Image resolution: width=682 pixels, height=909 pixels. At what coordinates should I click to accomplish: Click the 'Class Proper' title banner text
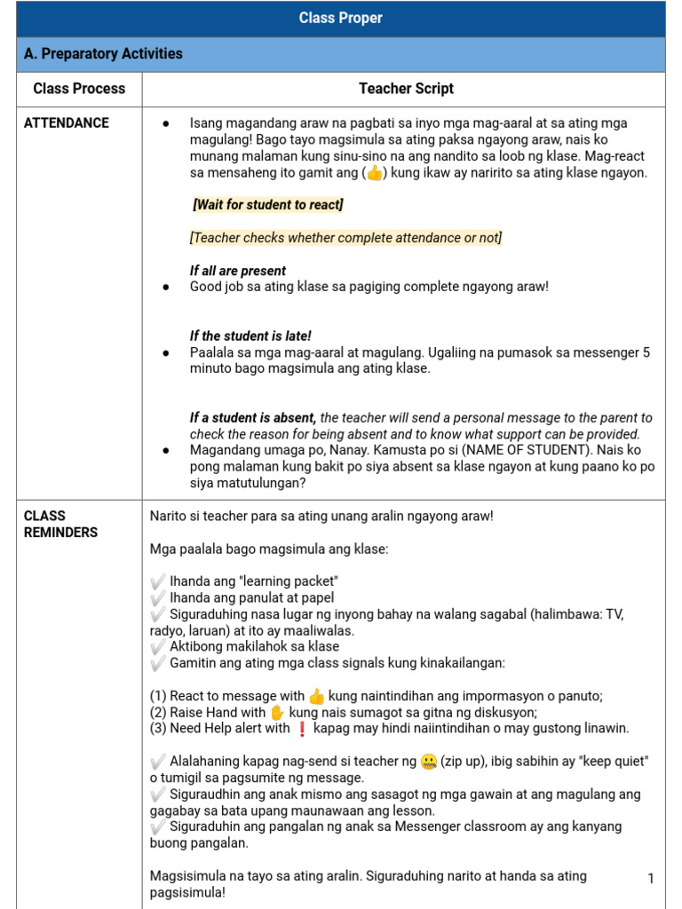click(x=341, y=19)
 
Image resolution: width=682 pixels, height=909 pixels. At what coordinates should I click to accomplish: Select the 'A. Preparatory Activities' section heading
click(x=103, y=54)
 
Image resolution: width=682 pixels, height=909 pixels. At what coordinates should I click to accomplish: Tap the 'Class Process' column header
click(x=79, y=89)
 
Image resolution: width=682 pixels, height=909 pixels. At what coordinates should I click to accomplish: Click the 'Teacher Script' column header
click(x=406, y=89)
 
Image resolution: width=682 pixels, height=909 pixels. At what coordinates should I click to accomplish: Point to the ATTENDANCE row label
click(x=67, y=123)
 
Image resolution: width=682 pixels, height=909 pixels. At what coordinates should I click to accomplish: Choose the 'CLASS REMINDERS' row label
click(x=60, y=524)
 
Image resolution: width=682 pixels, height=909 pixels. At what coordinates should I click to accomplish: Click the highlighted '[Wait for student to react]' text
click(x=268, y=205)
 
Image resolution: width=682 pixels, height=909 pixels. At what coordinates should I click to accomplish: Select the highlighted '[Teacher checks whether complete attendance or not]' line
click(x=345, y=238)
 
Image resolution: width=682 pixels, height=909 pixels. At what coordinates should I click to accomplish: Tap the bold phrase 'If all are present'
click(x=238, y=271)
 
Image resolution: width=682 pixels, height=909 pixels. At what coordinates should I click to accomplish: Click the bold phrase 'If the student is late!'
click(x=250, y=336)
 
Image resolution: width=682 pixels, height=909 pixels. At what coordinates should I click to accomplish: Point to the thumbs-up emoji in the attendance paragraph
click(x=375, y=173)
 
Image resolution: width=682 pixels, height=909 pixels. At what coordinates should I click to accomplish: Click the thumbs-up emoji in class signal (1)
click(x=317, y=697)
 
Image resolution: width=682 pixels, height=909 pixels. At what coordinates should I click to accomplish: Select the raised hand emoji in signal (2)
click(x=277, y=713)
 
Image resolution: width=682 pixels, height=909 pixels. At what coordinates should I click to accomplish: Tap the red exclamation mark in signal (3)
click(x=301, y=729)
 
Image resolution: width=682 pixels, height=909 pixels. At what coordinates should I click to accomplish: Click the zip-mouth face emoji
click(x=429, y=762)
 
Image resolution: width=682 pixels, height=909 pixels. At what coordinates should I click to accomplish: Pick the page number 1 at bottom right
click(x=651, y=879)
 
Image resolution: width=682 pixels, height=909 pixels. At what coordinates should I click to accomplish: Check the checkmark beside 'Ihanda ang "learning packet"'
click(x=158, y=581)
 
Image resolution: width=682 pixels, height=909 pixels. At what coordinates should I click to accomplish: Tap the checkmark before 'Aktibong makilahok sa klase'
click(x=158, y=647)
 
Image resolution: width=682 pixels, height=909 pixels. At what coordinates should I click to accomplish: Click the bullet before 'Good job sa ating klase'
click(x=166, y=288)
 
